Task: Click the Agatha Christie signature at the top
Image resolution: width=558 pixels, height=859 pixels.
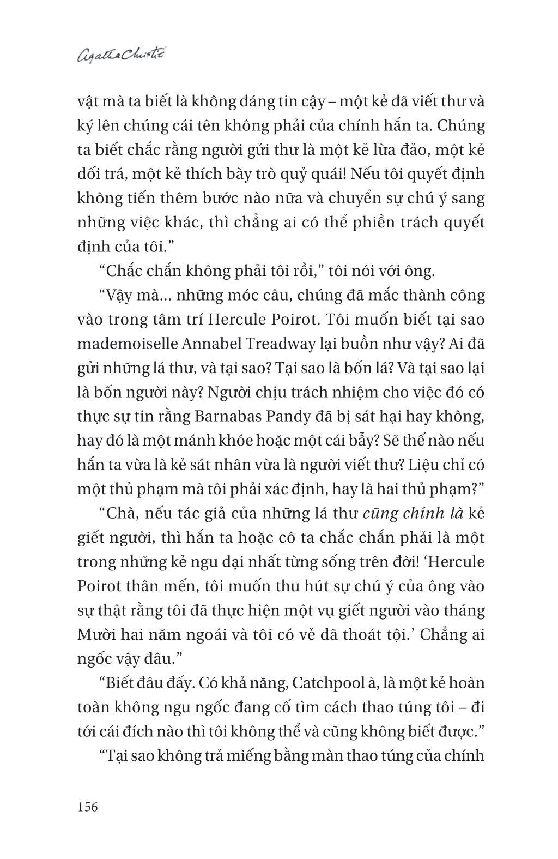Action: (121, 55)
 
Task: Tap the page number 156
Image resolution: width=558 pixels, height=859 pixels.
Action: (88, 806)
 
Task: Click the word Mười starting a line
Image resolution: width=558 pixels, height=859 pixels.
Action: (95, 635)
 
